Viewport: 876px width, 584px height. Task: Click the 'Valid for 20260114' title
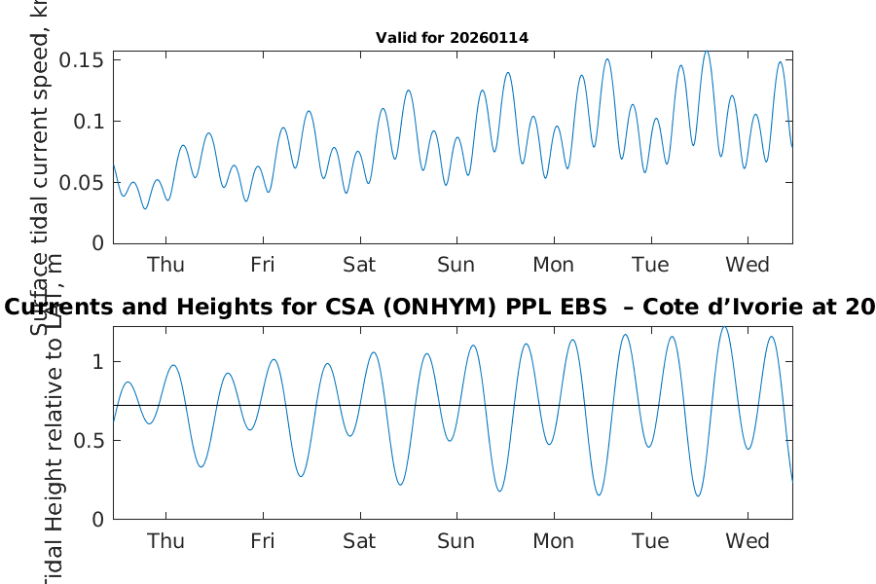coord(452,38)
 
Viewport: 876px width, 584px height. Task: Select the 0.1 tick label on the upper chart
coord(91,121)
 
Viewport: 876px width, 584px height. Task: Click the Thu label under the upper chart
coord(165,265)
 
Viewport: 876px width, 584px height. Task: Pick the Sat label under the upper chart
coord(359,265)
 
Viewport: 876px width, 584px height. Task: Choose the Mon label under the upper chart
coord(553,265)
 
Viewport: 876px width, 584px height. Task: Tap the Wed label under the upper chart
coord(748,265)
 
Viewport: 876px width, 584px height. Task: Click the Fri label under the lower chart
coord(262,541)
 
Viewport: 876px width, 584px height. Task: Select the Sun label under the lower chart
coord(456,541)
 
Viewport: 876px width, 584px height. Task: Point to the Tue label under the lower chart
coord(650,541)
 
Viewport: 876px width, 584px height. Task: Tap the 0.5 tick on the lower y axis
coord(91,441)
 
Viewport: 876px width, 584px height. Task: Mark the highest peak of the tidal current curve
coord(706,52)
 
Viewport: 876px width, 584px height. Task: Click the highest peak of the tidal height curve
coord(723,327)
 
